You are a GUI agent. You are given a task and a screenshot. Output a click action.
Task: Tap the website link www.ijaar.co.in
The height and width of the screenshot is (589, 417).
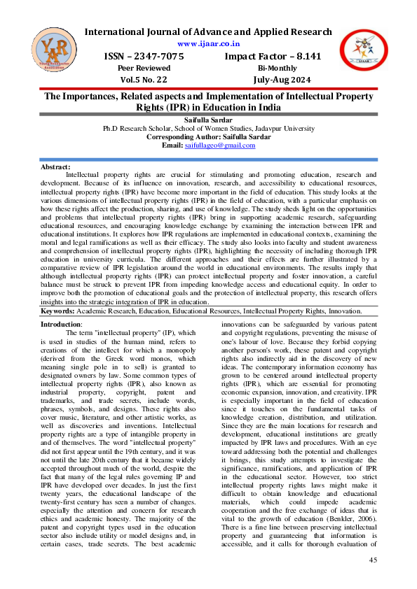208,43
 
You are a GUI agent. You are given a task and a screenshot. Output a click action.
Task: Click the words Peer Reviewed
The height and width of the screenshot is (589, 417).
145,68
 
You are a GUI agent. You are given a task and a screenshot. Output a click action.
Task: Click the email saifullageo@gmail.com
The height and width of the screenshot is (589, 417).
219,145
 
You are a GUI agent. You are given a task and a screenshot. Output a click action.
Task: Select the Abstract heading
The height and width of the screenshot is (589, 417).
55,167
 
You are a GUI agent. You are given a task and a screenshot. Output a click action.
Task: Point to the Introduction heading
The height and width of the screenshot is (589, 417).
61,325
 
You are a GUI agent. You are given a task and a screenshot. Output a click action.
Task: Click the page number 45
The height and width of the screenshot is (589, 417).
374,560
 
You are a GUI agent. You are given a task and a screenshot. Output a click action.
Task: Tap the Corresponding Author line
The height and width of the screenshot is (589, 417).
208,137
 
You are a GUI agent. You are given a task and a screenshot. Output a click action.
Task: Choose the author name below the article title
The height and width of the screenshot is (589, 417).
208,121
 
